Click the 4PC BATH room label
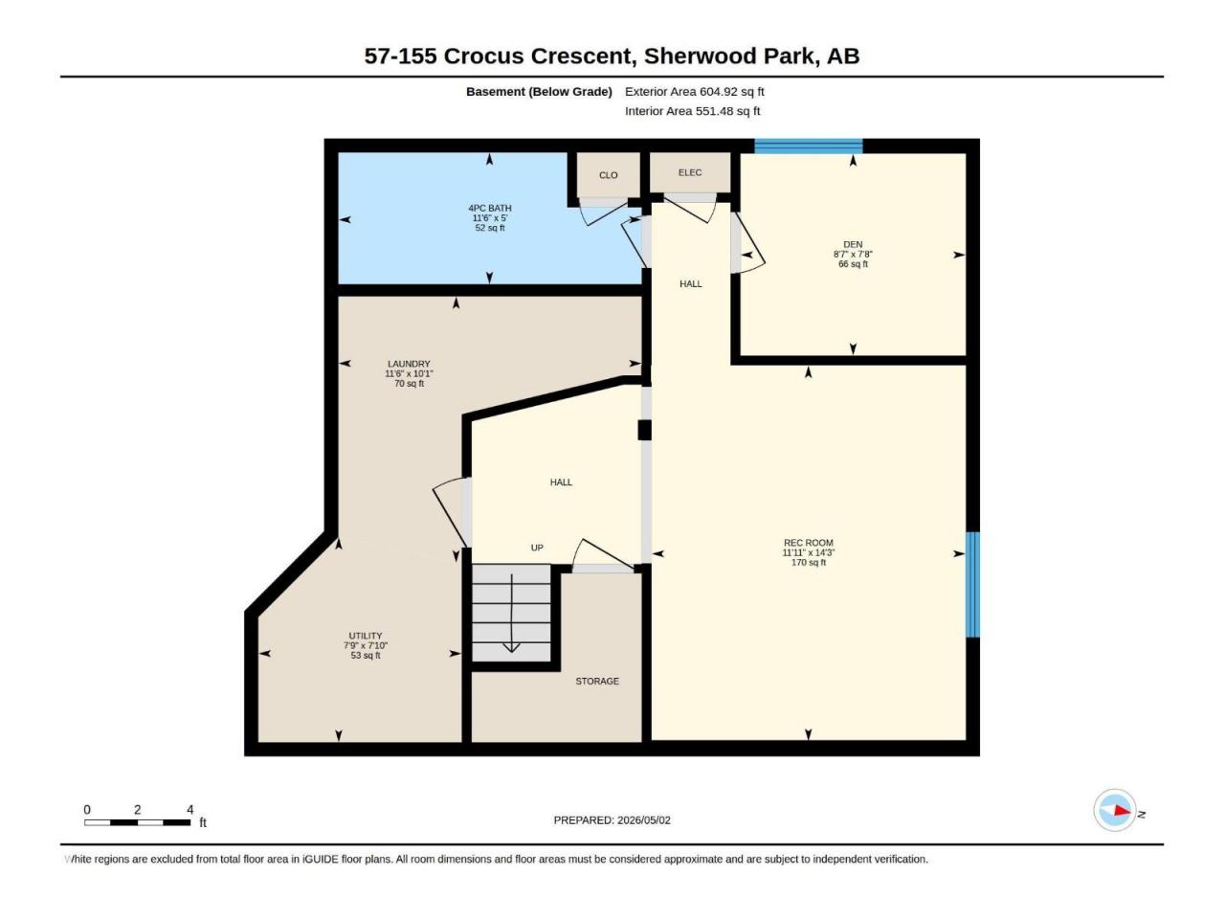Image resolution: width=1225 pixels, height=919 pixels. (489, 208)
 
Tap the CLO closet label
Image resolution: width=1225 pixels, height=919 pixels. (608, 175)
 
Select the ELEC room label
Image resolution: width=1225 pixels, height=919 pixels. (690, 172)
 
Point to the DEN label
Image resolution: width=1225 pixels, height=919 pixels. (852, 244)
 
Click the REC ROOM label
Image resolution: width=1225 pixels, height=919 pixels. (808, 543)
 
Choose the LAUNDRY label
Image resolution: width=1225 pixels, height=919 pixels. (409, 364)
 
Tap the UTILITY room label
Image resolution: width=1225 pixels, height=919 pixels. (365, 636)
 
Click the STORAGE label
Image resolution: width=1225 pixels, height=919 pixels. (596, 681)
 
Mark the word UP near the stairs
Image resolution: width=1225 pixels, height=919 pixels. (536, 548)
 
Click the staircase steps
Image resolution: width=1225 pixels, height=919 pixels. (511, 613)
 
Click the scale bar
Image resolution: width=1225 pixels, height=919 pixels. (137, 822)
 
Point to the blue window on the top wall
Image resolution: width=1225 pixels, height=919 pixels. (808, 146)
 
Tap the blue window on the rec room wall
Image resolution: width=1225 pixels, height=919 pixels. (972, 584)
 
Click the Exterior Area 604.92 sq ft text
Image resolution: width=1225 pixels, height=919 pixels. (694, 92)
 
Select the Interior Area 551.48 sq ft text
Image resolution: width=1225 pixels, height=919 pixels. (692, 111)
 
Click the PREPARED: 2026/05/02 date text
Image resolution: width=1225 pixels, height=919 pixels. (612, 820)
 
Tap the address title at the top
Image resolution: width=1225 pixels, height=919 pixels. (612, 56)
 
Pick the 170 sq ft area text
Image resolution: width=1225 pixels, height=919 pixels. (808, 563)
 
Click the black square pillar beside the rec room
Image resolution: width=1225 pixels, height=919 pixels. (645, 430)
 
